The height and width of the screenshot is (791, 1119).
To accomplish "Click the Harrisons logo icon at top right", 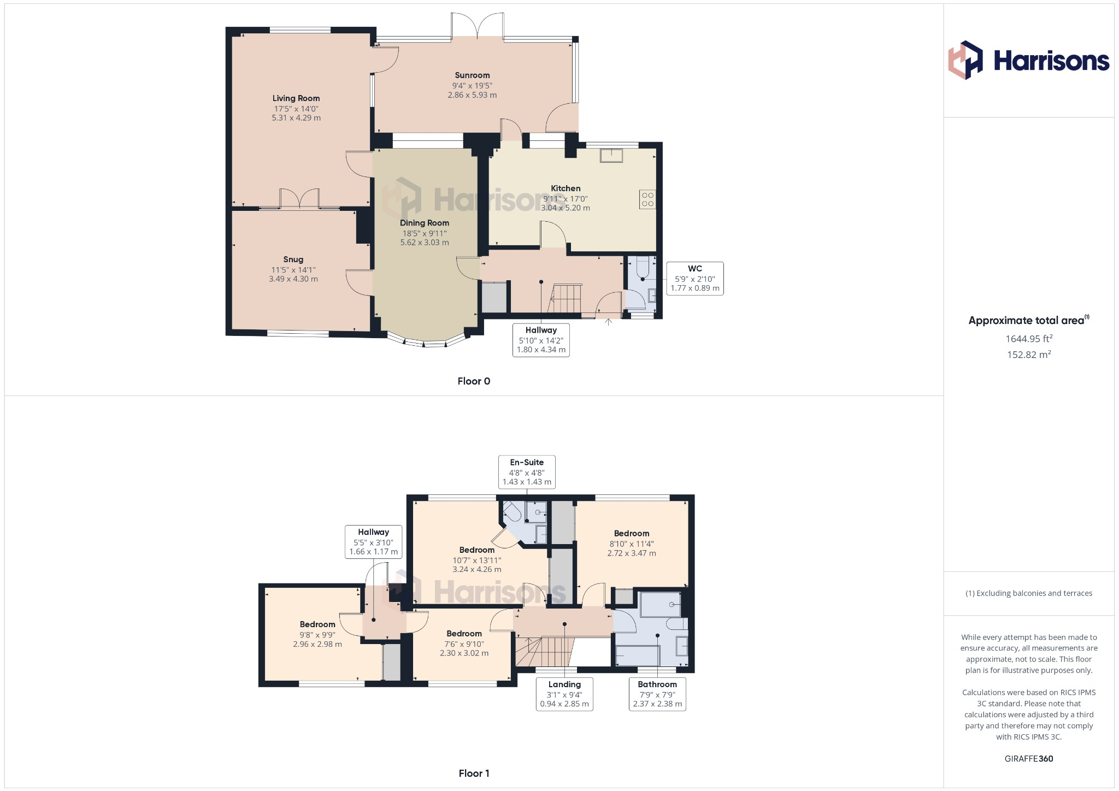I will tap(965, 60).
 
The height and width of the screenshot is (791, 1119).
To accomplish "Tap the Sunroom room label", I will tap(472, 75).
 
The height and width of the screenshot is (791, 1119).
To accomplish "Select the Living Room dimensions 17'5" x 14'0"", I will tap(296, 109).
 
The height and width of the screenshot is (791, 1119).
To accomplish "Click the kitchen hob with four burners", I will tap(647, 199).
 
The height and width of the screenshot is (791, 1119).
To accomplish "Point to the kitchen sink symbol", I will tap(611, 155).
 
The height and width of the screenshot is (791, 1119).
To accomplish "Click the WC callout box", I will tap(695, 279).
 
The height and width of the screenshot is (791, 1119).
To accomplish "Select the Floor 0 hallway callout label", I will tap(541, 340).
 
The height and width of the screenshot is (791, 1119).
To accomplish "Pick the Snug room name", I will tap(293, 259).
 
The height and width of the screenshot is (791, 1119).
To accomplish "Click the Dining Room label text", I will tap(425, 223).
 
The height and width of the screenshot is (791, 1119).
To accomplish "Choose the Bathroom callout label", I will tap(657, 694).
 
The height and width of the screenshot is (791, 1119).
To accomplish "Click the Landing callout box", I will tap(564, 694).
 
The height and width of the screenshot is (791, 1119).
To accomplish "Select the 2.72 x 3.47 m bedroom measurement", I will tap(632, 553).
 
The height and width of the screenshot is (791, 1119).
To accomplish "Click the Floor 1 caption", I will tap(474, 774).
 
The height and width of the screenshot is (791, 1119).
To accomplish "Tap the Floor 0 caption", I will tap(474, 381).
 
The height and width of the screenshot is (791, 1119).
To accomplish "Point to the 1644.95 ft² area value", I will tap(1029, 339).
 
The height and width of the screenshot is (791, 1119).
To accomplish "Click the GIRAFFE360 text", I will tap(1028, 759).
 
